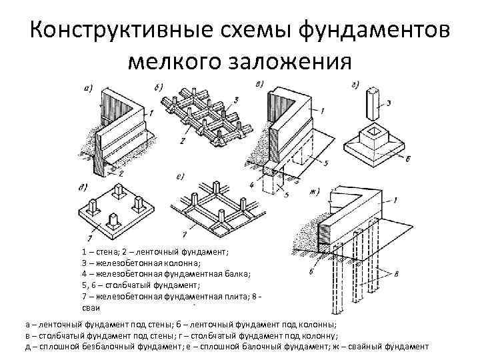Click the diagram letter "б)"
(158, 87)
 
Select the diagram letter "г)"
(355, 84)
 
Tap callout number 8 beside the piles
(397, 271)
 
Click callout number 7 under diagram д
(89, 237)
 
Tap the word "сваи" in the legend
(92, 307)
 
